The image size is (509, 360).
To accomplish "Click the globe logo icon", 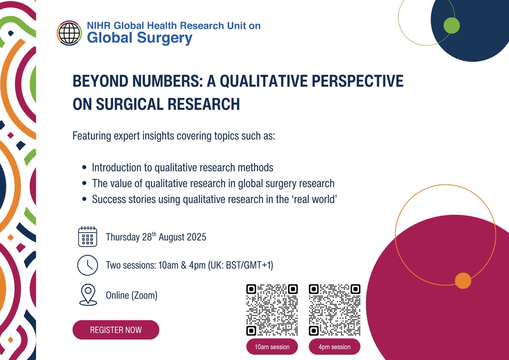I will pyautogui.click(x=69, y=33).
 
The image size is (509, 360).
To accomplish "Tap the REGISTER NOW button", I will pyautogui.click(x=116, y=330).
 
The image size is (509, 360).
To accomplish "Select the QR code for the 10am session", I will pyautogui.click(x=272, y=309).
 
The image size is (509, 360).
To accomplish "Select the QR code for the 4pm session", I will pyautogui.click(x=335, y=309).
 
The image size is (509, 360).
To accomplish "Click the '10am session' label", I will pyautogui.click(x=272, y=347).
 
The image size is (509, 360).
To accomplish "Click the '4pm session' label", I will pyautogui.click(x=335, y=347).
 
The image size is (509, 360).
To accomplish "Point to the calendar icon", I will pyautogui.click(x=88, y=236).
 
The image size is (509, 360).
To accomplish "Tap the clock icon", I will pyautogui.click(x=88, y=265).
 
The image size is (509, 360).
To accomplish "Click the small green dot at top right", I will pyautogui.click(x=451, y=26).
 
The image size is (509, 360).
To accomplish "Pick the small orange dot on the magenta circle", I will pyautogui.click(x=463, y=281).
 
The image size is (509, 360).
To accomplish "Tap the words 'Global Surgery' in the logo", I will pyautogui.click(x=140, y=38).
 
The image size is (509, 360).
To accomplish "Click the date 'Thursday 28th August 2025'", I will pyautogui.click(x=156, y=237).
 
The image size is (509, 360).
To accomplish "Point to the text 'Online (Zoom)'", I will pyautogui.click(x=131, y=295).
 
